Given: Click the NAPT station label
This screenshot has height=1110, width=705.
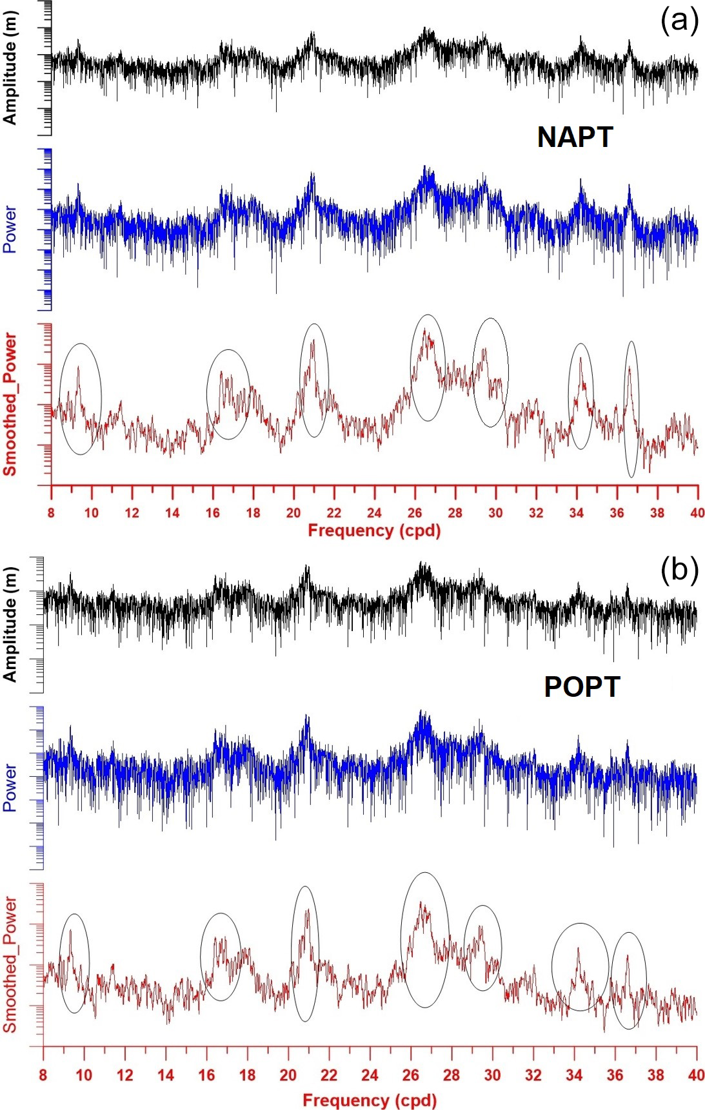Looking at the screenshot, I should click(x=575, y=137).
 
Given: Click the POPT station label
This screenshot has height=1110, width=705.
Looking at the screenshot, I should click(x=582, y=687).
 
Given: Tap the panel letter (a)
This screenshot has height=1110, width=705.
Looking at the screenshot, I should click(x=679, y=21).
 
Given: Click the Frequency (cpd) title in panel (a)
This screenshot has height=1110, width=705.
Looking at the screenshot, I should click(x=374, y=531).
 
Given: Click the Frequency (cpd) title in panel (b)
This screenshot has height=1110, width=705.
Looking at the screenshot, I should click(x=369, y=1100).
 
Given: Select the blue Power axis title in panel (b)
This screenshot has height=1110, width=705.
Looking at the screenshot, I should click(x=10, y=787).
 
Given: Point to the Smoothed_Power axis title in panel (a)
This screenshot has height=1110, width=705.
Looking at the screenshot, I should click(x=10, y=405).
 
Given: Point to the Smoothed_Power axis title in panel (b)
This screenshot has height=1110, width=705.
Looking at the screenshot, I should click(x=10, y=964).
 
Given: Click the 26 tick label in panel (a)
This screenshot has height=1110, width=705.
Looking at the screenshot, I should click(x=415, y=513).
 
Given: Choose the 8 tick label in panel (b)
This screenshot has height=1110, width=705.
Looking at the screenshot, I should click(x=43, y=1075).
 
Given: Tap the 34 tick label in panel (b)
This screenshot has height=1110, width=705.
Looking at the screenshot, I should click(x=574, y=1075).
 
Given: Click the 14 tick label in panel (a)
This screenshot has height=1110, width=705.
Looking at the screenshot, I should click(x=172, y=513).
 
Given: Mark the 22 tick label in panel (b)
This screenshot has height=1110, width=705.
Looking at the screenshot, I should click(x=329, y=1075).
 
